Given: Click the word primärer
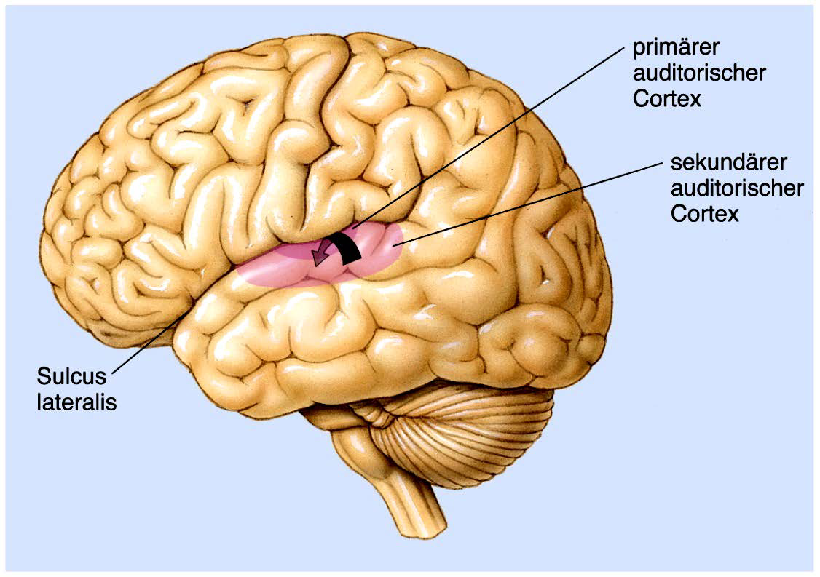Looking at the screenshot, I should tap(676, 48).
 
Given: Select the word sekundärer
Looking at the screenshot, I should tap(715, 162).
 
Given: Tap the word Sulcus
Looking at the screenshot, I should tap(71, 377).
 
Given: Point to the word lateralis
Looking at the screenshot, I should tap(76, 402).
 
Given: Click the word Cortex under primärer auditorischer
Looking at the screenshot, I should tap(667, 99).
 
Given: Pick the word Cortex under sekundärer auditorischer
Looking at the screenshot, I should tap(705, 214).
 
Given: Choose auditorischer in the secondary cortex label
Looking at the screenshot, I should tap(737, 188).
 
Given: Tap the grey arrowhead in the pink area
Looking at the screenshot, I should tap(318, 258).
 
